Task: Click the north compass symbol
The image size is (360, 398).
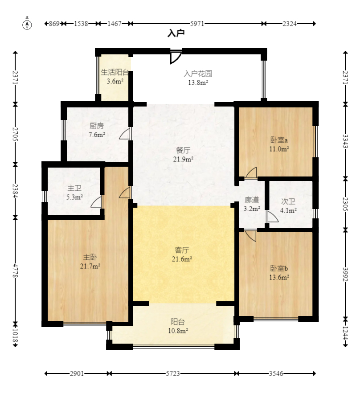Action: (27, 25)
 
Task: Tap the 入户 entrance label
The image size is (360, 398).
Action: (176, 33)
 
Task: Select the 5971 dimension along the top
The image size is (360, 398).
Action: (197, 24)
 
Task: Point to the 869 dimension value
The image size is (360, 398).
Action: (54, 24)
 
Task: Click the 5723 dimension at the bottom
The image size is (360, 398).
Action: (173, 373)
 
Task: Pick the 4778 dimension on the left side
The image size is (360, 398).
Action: (16, 271)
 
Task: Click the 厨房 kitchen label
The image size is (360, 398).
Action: (97, 126)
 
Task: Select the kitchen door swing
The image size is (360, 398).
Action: (125, 134)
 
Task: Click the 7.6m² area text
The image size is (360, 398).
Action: (97, 135)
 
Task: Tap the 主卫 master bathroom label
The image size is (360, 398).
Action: (74, 188)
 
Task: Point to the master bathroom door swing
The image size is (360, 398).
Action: (96, 201)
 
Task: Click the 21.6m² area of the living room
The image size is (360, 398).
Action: (182, 259)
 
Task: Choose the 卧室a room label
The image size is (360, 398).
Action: (279, 140)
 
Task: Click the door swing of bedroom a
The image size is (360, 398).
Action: (251, 172)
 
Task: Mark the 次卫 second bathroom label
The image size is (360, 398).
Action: (288, 201)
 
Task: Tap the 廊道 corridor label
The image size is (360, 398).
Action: (252, 200)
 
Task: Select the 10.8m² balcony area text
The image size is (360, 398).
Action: (178, 331)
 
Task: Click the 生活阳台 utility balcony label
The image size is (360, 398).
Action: (115, 72)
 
